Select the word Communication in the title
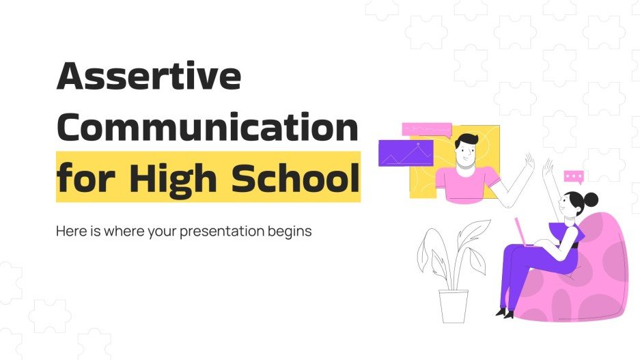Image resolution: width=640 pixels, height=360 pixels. (207, 128)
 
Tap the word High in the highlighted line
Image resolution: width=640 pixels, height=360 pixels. (163, 177)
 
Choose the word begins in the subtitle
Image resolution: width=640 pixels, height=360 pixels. (290, 232)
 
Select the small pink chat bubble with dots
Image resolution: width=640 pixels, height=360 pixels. (574, 177)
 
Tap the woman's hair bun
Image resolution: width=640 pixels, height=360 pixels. (591, 199)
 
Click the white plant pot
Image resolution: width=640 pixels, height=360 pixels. (453, 306)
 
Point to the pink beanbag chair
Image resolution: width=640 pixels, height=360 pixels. (602, 273)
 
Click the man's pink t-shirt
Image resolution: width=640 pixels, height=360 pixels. (467, 184)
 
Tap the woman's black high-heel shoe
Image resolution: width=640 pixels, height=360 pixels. (505, 313)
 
